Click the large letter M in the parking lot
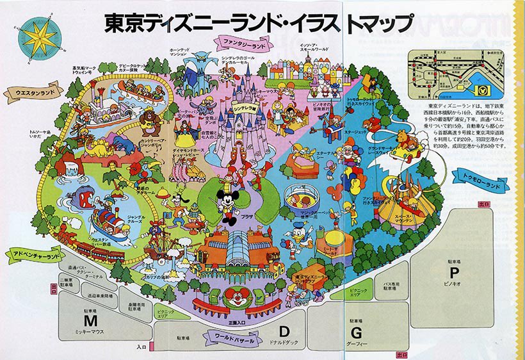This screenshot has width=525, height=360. click(93, 320)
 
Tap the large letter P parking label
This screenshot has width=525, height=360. click(456, 272)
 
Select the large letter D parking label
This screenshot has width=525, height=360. click(284, 331)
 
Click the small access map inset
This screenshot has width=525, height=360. click(456, 72)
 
